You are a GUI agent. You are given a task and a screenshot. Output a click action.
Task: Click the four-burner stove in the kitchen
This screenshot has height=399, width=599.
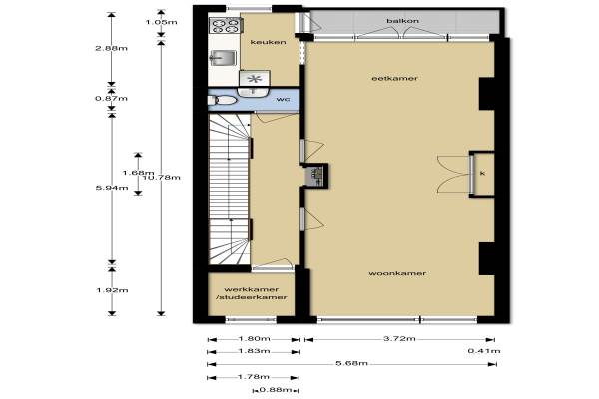point(225,25)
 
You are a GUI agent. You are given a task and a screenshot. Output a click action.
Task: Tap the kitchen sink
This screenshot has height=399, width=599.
point(223,58)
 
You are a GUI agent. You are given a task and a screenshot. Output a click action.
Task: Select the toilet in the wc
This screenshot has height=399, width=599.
point(222,100)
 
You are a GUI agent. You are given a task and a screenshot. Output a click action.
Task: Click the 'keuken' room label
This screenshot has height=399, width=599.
point(269,42)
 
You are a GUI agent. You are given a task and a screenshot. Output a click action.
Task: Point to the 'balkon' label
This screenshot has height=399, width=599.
point(402,21)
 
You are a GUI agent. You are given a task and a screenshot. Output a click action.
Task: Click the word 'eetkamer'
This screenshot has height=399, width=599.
point(394,78)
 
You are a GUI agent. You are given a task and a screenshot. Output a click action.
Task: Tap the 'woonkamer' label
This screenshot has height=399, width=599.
point(397,273)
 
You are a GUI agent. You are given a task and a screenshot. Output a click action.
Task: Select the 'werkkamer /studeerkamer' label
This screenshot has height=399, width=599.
point(252,293)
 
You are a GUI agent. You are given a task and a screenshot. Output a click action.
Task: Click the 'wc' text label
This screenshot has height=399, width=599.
point(283,99)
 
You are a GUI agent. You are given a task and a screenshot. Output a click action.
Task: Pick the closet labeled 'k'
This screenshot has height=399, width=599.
point(482,174)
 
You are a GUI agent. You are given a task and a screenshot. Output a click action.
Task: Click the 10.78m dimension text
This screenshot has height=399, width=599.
point(161,177)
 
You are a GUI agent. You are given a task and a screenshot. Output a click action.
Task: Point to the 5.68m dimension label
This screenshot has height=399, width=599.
point(351,363)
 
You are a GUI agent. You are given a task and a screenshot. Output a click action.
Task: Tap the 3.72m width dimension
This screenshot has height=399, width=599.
point(399,338)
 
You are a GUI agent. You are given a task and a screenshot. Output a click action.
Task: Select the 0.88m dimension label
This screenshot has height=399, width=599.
point(276,390)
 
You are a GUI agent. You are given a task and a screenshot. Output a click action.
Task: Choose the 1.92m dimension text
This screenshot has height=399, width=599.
point(112,290)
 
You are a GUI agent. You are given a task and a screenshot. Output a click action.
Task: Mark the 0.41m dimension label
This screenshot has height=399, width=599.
point(484,351)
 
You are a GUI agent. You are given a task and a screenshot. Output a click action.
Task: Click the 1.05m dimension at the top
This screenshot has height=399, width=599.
point(161,22)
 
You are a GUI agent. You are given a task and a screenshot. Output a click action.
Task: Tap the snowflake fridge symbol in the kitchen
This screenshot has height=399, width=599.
point(254,78)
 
